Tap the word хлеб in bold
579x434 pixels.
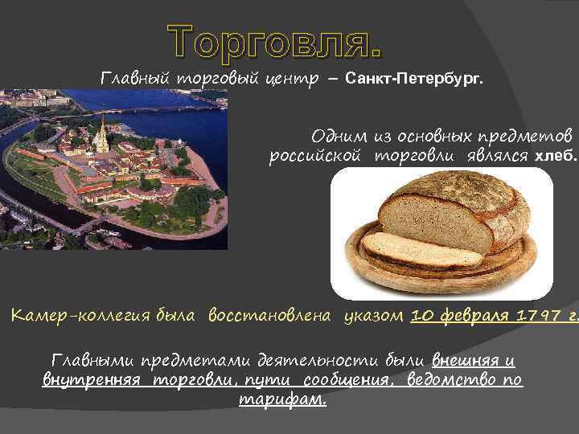554,156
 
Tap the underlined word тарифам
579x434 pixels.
283,399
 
